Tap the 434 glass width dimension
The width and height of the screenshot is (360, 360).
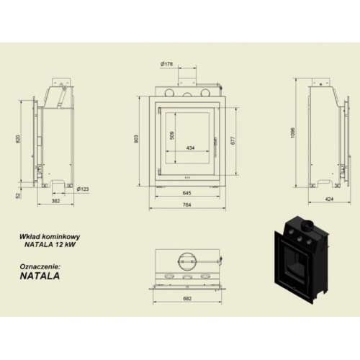(x=190, y=148)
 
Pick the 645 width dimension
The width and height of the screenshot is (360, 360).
(x=186, y=194)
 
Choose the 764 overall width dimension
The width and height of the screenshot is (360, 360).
(x=186, y=207)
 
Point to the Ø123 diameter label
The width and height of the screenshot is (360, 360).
(x=83, y=189)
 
